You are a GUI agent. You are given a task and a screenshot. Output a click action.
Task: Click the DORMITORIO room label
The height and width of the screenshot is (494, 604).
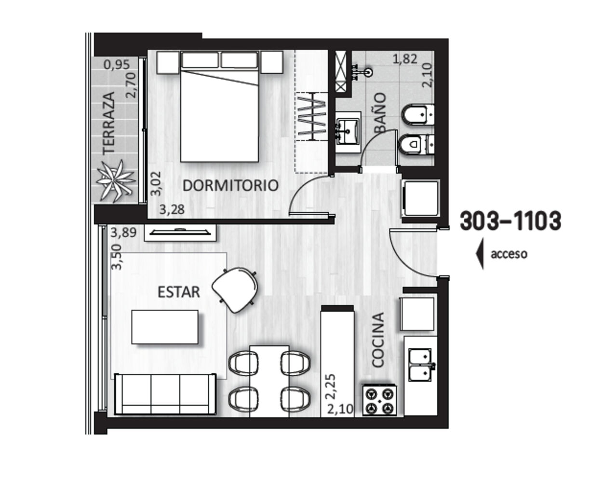point(230,186)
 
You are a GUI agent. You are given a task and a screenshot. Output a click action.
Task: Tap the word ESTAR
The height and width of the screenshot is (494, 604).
point(179,292)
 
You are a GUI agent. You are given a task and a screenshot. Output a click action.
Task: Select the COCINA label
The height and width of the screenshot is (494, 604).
point(378,340)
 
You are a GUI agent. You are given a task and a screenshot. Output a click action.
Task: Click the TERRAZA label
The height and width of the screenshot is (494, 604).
point(109,123)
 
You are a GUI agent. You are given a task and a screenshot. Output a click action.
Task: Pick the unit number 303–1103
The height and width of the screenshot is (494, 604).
point(510,221)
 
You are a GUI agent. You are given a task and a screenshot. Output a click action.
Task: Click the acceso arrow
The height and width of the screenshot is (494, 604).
point(480,254)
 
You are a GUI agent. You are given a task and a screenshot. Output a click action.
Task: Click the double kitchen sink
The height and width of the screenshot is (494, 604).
point(420,365)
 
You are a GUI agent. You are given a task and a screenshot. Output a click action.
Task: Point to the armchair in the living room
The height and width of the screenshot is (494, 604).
point(235,289)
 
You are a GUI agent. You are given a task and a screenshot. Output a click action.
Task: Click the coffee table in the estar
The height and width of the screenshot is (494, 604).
point(165,327)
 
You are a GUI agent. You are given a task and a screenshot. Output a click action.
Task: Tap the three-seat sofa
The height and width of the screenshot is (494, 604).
point(165,394)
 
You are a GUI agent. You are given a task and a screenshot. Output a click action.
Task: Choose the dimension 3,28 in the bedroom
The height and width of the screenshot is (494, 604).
point(172,209)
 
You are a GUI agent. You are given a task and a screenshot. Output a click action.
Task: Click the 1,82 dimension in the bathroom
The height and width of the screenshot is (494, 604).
point(405,59)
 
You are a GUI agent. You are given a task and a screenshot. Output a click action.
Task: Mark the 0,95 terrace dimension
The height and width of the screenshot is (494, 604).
point(117,65)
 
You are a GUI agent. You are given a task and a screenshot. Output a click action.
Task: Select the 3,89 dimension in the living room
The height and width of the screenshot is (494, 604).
point(123,233)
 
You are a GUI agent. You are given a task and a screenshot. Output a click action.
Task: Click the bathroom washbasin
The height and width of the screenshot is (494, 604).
point(348,132)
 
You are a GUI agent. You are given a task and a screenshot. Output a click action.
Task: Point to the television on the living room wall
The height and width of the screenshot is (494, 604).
point(180,232)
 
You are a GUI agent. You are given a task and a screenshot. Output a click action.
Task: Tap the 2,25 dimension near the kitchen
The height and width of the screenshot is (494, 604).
point(331,386)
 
